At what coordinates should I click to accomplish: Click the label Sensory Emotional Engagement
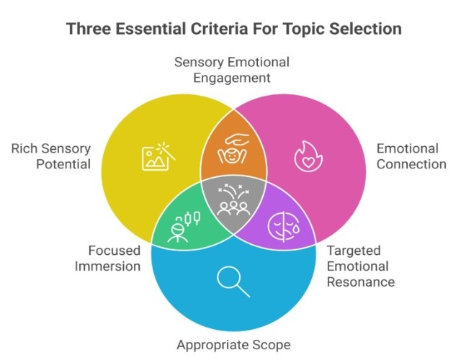(x=230, y=70)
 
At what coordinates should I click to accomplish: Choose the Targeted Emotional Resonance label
(x=360, y=266)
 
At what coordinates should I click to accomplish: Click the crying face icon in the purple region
(x=283, y=226)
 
